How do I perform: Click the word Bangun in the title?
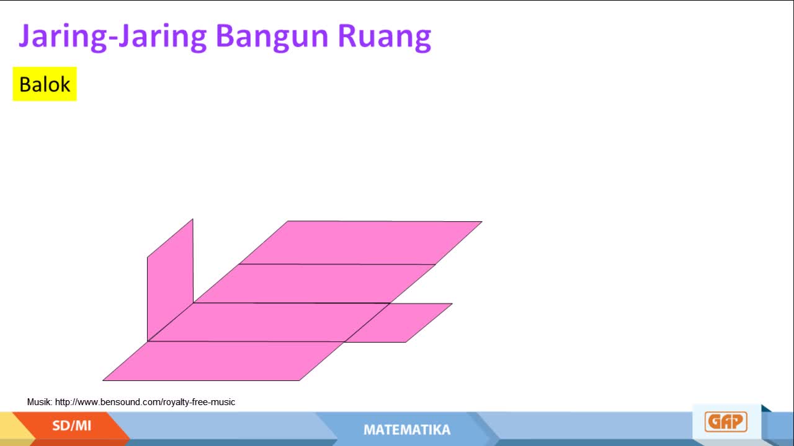click(272, 37)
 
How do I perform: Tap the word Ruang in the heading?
click(384, 37)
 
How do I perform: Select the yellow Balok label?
click(45, 84)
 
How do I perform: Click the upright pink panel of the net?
click(170, 279)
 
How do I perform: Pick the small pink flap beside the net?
click(398, 323)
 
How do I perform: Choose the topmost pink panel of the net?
click(360, 243)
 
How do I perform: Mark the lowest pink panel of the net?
click(223, 361)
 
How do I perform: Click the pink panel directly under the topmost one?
click(314, 284)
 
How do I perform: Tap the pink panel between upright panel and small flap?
click(269, 322)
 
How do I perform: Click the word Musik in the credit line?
click(39, 402)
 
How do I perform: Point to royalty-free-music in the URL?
click(199, 402)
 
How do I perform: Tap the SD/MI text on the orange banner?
click(71, 426)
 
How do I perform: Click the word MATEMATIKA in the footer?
click(407, 430)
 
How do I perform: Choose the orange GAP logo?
click(726, 422)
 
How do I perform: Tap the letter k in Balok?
click(64, 84)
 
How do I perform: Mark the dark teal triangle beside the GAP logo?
click(765, 408)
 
